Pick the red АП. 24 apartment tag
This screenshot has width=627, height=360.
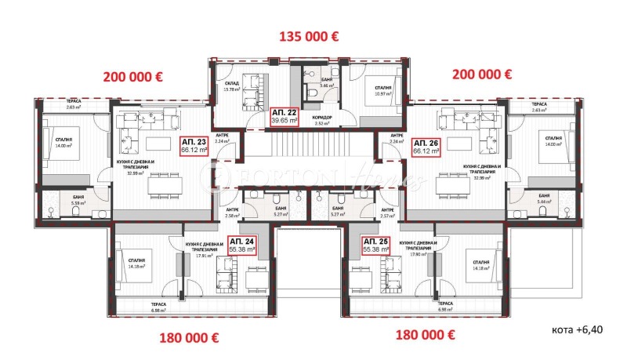point(241,245)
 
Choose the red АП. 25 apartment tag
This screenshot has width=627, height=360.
point(376,245)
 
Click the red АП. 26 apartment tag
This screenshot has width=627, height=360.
point(428,147)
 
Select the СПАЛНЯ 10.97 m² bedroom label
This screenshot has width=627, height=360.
point(382,92)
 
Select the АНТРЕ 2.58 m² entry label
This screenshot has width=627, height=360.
point(233,213)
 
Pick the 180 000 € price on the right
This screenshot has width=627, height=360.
point(426,334)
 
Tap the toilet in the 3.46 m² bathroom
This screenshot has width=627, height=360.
point(312,92)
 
